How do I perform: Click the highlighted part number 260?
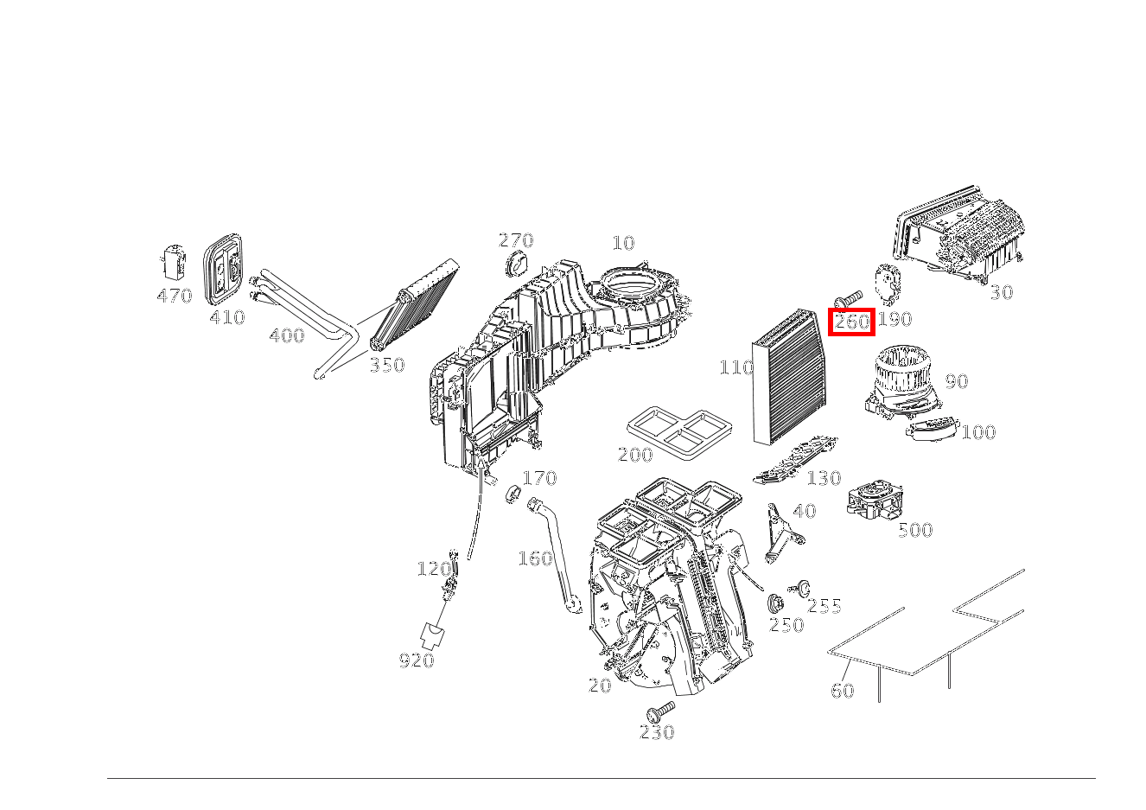click(851, 322)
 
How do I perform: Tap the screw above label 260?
click(847, 298)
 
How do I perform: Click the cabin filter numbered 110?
click(788, 376)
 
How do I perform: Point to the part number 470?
click(174, 296)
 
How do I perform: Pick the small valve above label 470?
click(174, 262)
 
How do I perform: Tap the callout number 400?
click(286, 335)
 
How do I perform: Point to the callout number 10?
click(623, 243)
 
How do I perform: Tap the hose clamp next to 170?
click(513, 494)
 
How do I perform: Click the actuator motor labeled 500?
click(875, 501)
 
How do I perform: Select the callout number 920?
click(416, 660)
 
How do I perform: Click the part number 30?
click(1001, 292)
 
